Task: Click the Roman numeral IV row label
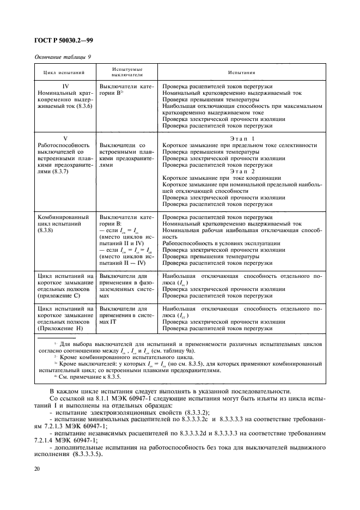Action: (x=65, y=86)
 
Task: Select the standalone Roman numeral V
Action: (x=65, y=138)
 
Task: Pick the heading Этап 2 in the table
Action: (x=239, y=171)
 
